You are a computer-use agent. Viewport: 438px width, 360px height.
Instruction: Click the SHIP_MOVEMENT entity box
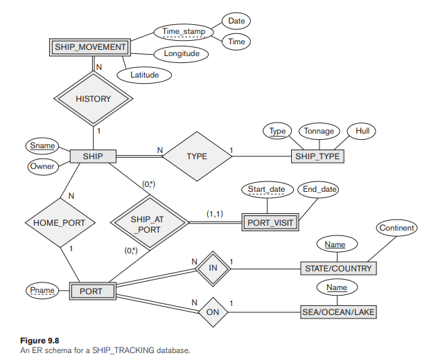point(89,47)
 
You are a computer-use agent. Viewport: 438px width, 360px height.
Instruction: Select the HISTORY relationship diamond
point(93,99)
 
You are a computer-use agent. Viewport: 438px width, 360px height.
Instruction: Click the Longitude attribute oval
point(182,53)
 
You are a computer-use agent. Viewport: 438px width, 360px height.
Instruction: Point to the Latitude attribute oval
point(145,75)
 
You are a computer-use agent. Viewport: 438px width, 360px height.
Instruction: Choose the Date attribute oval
point(236,22)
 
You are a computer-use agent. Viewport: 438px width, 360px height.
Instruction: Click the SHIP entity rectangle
point(93,156)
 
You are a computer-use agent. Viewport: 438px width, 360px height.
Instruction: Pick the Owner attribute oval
point(42,167)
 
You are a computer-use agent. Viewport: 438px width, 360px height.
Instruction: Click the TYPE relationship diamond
point(197,156)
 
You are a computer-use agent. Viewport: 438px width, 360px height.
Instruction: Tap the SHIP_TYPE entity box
point(317,156)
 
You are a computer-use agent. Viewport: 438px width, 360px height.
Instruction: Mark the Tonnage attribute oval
point(319,131)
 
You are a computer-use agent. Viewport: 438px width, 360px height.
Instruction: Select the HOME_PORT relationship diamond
point(58,223)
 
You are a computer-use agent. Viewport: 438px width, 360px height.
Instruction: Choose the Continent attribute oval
point(396,228)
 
